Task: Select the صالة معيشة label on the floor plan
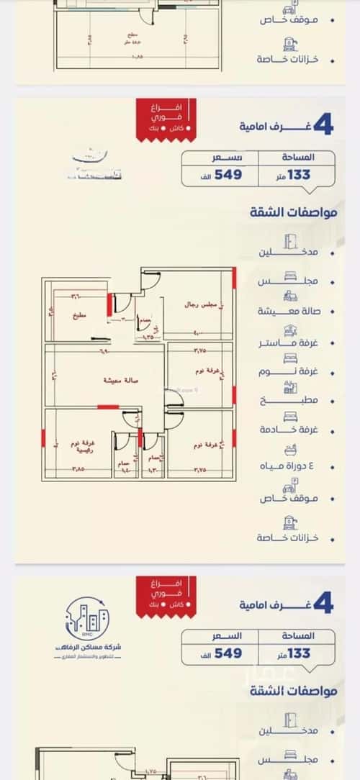[120, 379]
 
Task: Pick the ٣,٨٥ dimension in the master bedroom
[78, 468]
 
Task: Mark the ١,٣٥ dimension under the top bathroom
[148, 336]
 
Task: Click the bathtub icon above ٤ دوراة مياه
[290, 451]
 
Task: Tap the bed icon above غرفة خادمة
[290, 415]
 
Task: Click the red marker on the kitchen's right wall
[109, 304]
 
